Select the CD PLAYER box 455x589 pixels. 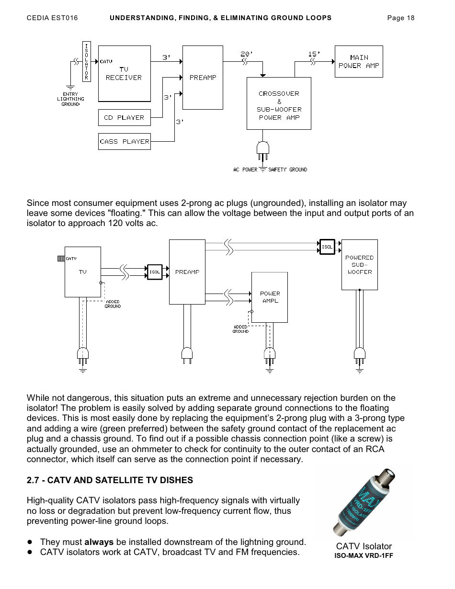click(x=124, y=117)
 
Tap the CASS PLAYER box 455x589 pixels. click(x=124, y=141)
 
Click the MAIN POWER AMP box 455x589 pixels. click(x=358, y=61)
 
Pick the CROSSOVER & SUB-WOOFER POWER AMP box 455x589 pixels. click(x=279, y=103)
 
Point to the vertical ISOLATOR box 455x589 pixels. click(x=87, y=61)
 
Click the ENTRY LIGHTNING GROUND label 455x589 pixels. click(x=70, y=99)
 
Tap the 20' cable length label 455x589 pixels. click(x=246, y=54)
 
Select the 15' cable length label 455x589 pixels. click(x=314, y=54)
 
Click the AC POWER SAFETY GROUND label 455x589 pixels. click(x=270, y=170)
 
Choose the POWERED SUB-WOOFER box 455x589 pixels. click(x=359, y=265)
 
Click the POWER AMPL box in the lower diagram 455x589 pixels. click(x=270, y=297)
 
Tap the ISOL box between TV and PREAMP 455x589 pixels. click(x=155, y=272)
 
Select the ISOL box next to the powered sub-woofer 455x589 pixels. click(x=327, y=247)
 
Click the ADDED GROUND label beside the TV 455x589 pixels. click(x=113, y=304)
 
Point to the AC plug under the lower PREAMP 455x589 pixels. click(x=187, y=355)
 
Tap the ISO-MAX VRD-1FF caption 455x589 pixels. click(x=364, y=556)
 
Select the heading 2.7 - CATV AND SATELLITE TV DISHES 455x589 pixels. click(x=110, y=480)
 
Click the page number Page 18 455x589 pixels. click(x=400, y=18)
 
